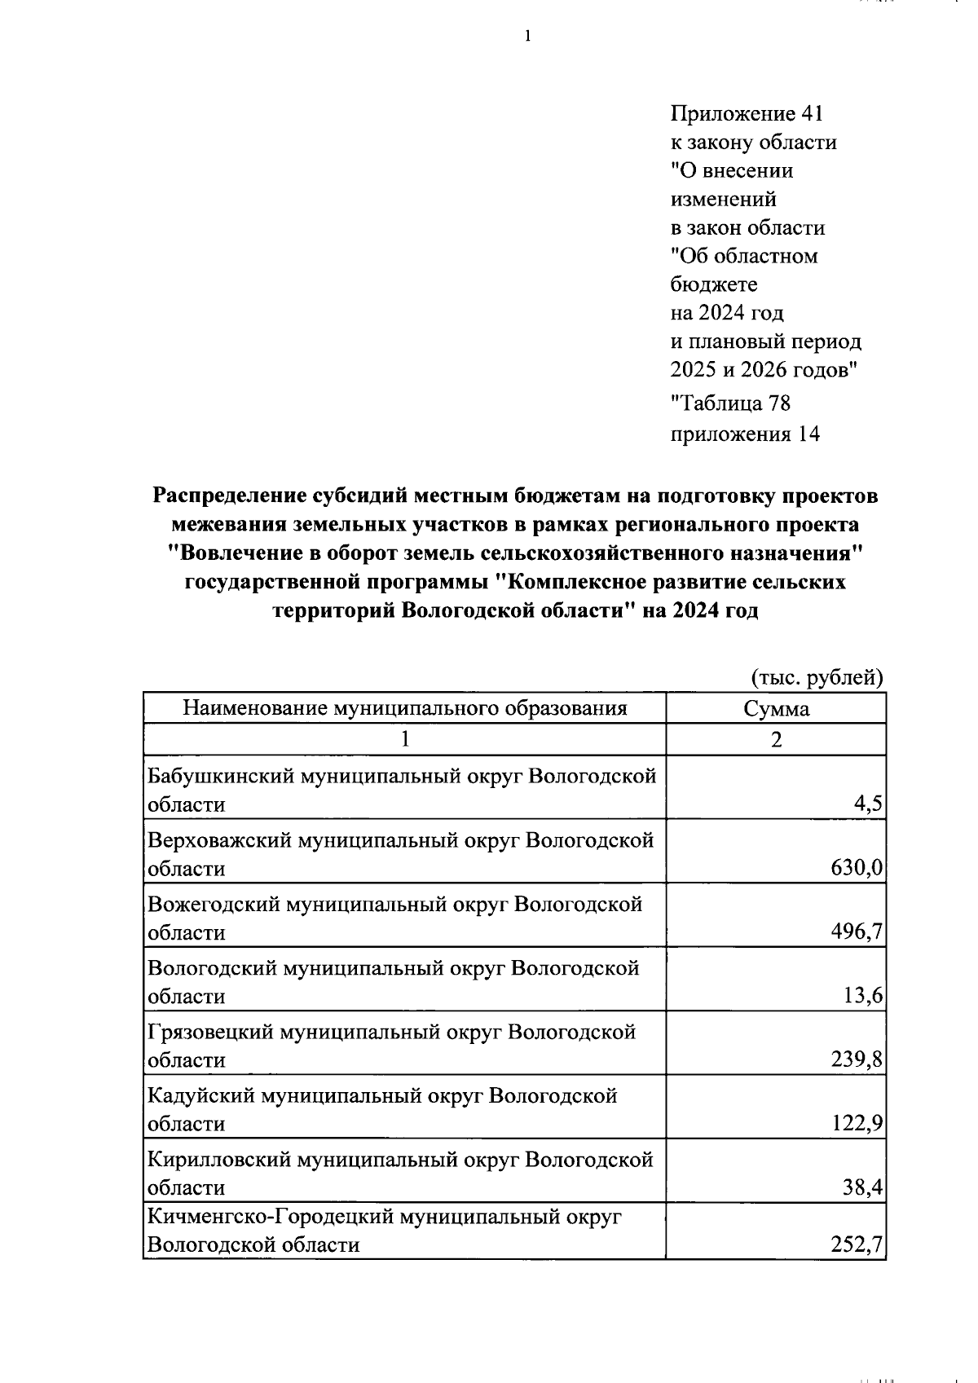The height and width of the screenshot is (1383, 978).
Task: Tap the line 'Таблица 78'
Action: [x=730, y=403]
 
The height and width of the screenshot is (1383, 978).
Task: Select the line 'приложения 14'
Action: [x=744, y=434]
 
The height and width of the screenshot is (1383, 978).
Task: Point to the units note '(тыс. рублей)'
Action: [x=816, y=676]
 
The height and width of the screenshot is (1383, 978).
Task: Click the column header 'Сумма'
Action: [x=776, y=708]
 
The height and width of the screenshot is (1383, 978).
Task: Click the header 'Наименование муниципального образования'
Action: [x=404, y=708]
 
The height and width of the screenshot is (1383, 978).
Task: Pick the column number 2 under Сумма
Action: [x=776, y=739]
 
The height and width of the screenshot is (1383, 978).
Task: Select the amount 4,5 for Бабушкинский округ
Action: [x=868, y=805]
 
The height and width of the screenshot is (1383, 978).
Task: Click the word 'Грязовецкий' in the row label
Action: [x=210, y=1033]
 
